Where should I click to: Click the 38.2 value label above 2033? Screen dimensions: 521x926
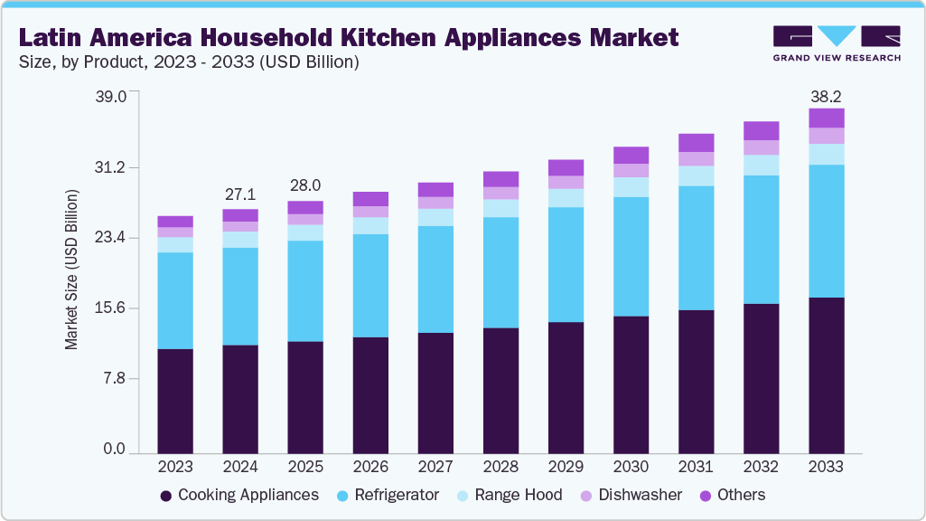826,95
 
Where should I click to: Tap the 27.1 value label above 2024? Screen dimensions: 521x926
240,195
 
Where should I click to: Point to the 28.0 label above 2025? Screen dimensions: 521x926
305,185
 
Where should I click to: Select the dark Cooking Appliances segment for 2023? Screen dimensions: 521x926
175,401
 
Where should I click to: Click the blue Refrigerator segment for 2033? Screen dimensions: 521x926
826,231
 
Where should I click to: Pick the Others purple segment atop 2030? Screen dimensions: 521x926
631,155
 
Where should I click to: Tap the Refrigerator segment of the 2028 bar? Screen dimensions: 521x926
500,272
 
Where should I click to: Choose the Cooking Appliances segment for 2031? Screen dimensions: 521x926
696,381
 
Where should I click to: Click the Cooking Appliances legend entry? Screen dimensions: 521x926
239,495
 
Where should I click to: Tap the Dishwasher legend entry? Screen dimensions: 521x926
631,495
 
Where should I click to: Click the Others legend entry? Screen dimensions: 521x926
733,495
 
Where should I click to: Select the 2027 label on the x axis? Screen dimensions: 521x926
435,467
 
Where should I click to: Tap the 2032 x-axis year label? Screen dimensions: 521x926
761,467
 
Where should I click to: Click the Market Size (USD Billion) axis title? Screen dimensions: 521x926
72,270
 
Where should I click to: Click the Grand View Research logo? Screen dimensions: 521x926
836,43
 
